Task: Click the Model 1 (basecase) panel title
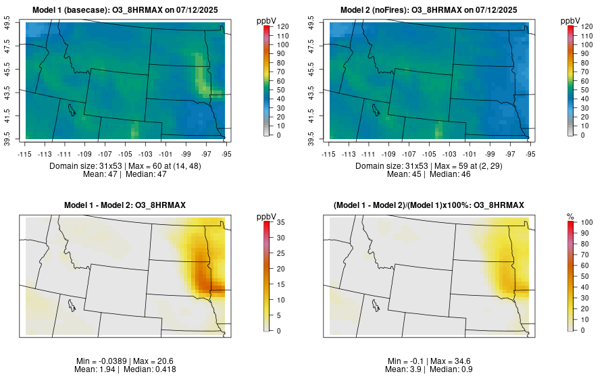pos(128,10)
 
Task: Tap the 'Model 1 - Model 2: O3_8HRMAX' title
pos(128,205)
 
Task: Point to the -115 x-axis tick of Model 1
pos(26,154)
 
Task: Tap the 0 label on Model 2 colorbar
pos(580,135)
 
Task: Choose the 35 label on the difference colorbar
pos(280,222)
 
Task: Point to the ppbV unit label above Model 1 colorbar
pos(266,21)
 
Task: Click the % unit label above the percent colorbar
pos(570,216)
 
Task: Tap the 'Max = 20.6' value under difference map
pos(153,361)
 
